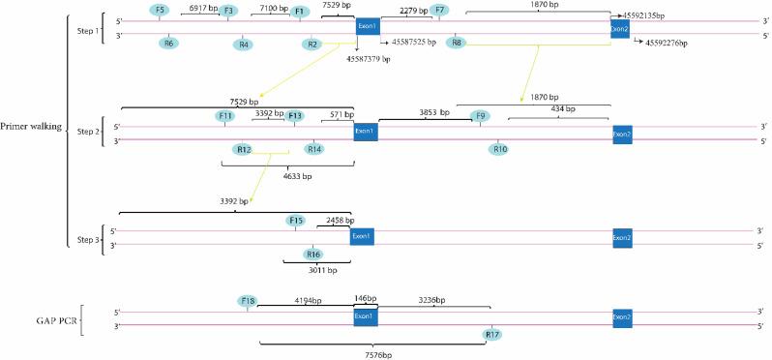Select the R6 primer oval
coord(168,43)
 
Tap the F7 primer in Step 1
coord(440,10)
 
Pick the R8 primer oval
coord(456,43)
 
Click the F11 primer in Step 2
coord(225,116)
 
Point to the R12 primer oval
coord(243,149)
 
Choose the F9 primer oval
coord(478,116)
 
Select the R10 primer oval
coord(498,149)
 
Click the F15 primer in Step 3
coord(296,222)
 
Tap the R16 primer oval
coord(312,254)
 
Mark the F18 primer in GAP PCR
coord(249,301)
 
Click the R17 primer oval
coord(492,335)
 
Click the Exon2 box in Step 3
coord(623,237)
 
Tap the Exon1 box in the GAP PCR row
coord(365,317)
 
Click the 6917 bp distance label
coord(202,8)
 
